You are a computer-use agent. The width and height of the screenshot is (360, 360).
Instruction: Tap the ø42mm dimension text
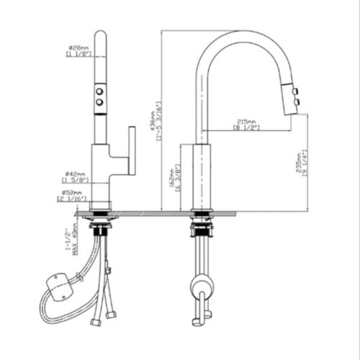[x=75, y=174]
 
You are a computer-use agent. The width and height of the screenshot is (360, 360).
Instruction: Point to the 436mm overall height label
[x=153, y=119]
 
